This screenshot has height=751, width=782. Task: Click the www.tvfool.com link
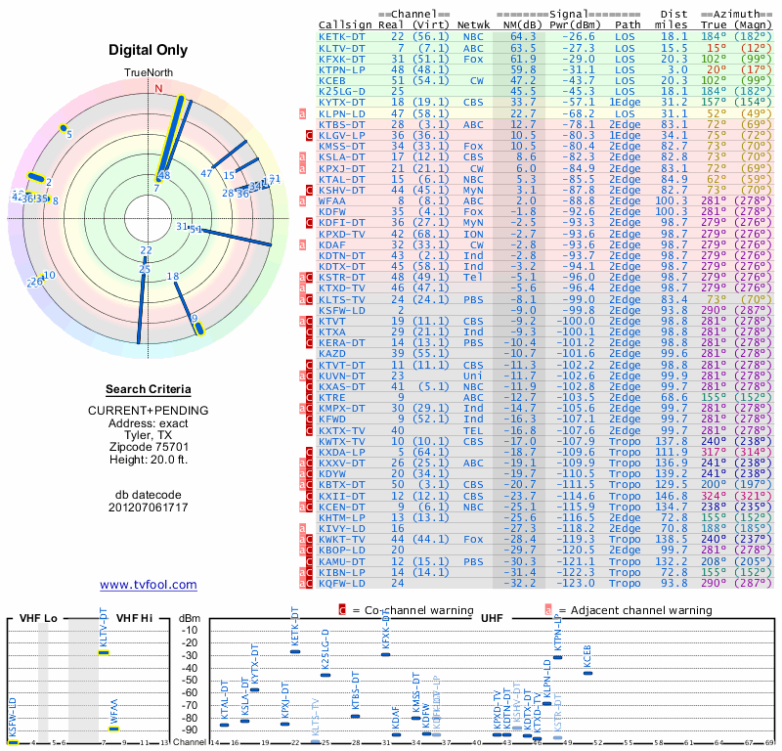click(x=148, y=585)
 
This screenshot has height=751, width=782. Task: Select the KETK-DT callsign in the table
click(x=341, y=36)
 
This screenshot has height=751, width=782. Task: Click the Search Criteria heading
click(x=151, y=388)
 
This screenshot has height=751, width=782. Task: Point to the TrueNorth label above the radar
click(x=149, y=73)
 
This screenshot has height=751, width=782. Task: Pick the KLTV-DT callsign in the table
click(x=341, y=47)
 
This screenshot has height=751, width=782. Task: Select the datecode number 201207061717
click(x=151, y=508)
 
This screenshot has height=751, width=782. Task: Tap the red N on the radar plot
click(x=159, y=88)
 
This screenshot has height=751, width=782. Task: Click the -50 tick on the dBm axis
click(x=190, y=680)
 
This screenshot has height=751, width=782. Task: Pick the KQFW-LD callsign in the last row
click(x=341, y=582)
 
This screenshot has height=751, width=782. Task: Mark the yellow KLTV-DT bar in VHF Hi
click(x=103, y=652)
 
